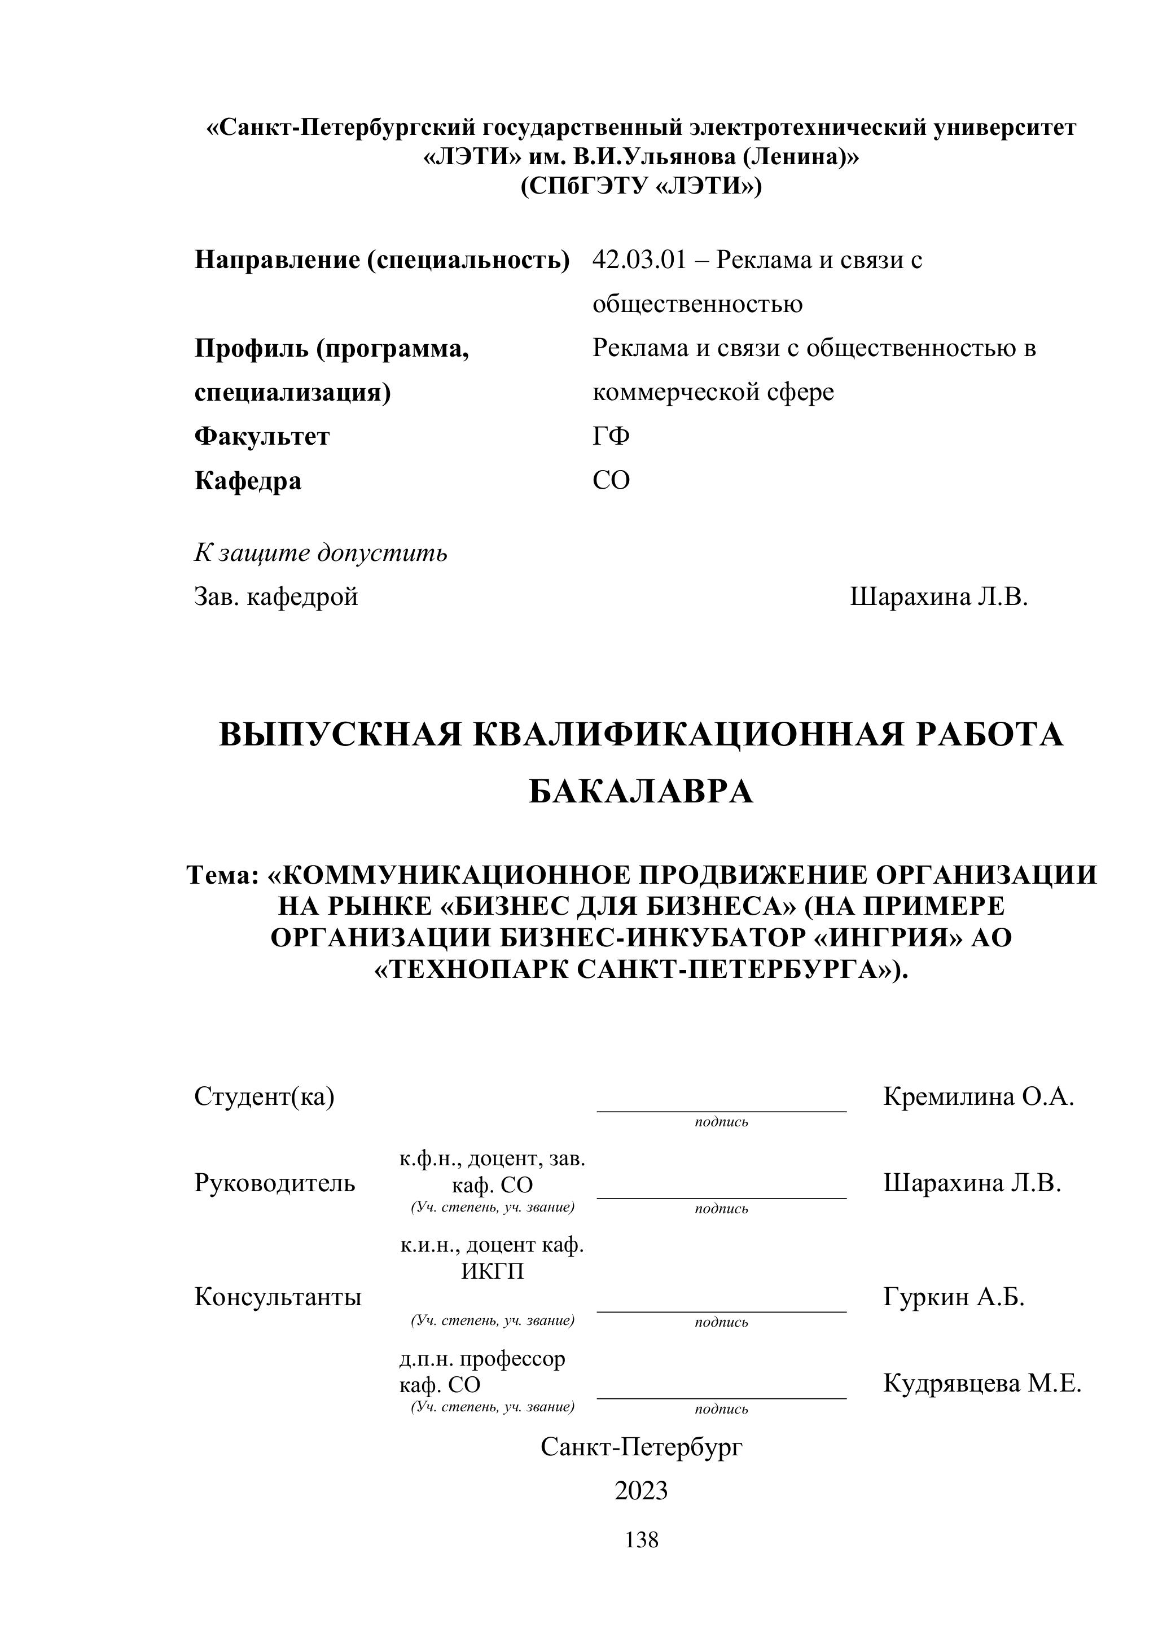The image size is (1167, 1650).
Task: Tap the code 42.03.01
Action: pyautogui.click(x=639, y=260)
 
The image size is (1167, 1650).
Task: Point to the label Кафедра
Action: pyautogui.click(x=248, y=481)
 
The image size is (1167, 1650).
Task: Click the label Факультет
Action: pyautogui.click(x=262, y=436)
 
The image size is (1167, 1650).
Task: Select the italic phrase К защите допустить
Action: pyautogui.click(x=321, y=552)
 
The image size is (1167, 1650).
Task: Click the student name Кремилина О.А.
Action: pyautogui.click(x=978, y=1096)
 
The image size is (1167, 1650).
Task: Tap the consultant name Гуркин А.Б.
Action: pyautogui.click(x=954, y=1297)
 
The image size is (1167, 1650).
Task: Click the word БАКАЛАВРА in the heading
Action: pyautogui.click(x=641, y=792)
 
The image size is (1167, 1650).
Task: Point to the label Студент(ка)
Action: pyautogui.click(x=265, y=1096)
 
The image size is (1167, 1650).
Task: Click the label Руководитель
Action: pyautogui.click(x=274, y=1183)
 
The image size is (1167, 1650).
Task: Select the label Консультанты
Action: pyautogui.click(x=278, y=1297)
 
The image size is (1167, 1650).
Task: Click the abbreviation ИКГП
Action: pyautogui.click(x=492, y=1271)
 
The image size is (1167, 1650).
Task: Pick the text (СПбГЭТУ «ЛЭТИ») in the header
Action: pyautogui.click(x=641, y=186)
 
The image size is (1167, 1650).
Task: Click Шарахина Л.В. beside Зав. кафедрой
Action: pyautogui.click(x=938, y=596)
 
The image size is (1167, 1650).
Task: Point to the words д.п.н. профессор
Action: pyautogui.click(x=482, y=1359)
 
